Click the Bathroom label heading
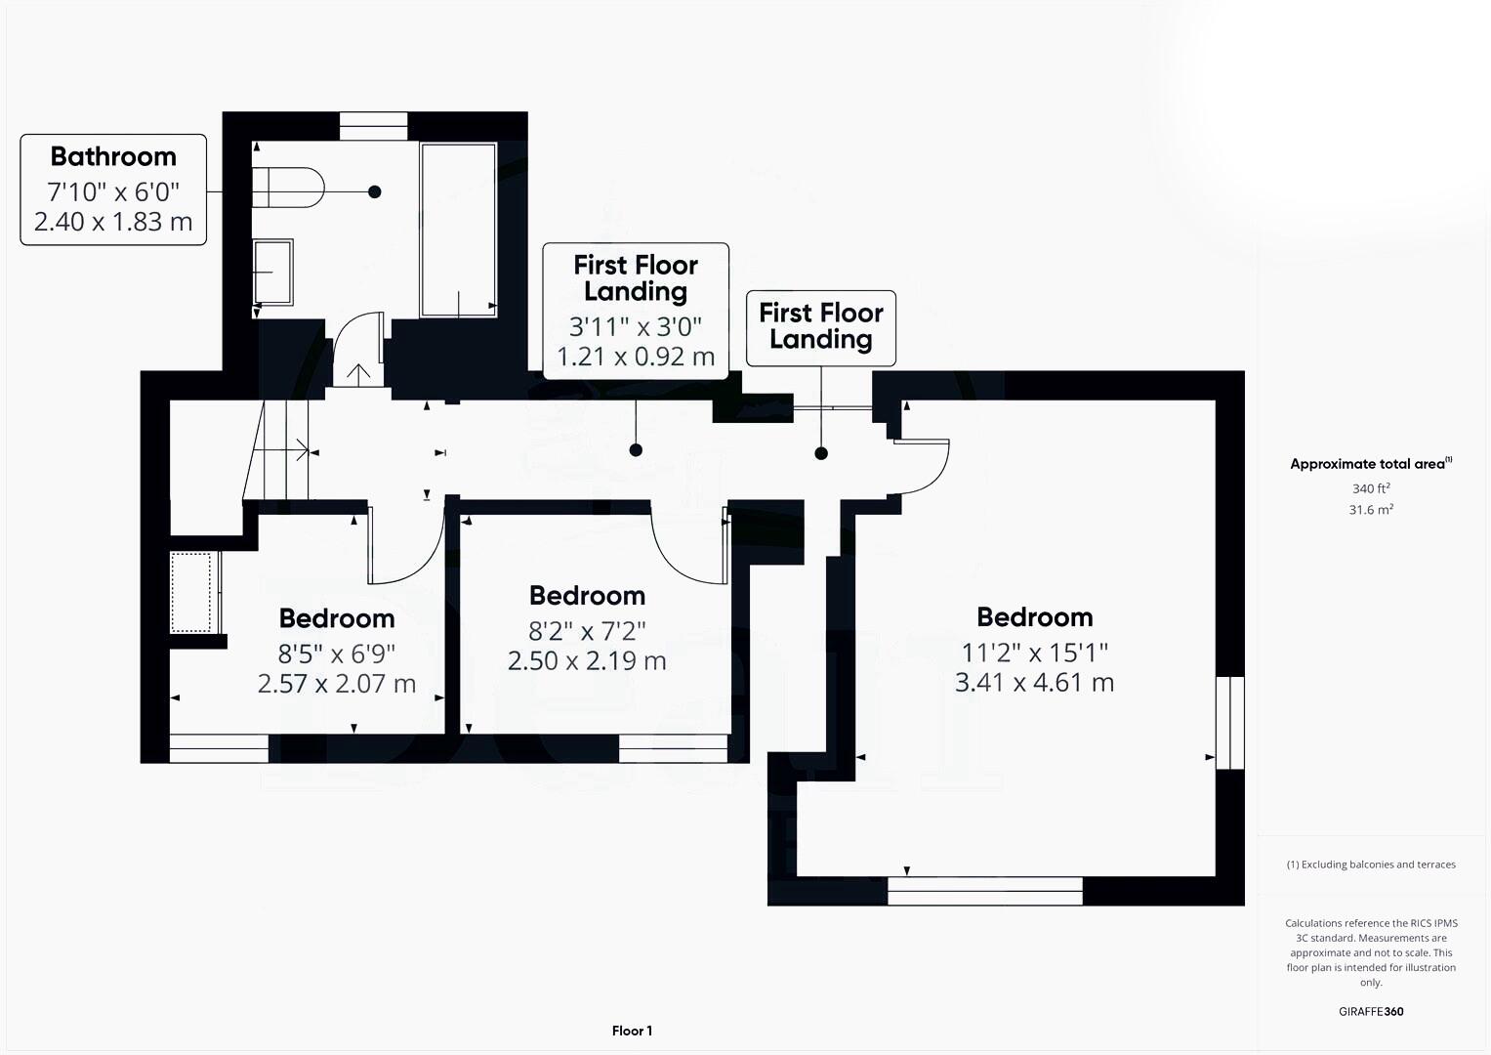tap(113, 156)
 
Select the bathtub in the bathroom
tap(458, 230)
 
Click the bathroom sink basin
tap(272, 273)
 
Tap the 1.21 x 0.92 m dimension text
tap(636, 357)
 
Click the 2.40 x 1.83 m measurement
tap(113, 222)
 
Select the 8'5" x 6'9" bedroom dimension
tap(337, 653)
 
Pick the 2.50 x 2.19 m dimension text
tap(587, 661)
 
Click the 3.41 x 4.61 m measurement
tap(1034, 683)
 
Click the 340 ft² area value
tap(1371, 488)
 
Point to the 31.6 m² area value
tap(1371, 510)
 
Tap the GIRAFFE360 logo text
tap(1371, 1012)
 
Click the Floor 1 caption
tap(632, 1031)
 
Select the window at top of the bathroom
tap(373, 126)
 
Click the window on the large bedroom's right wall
tap(1230, 722)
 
